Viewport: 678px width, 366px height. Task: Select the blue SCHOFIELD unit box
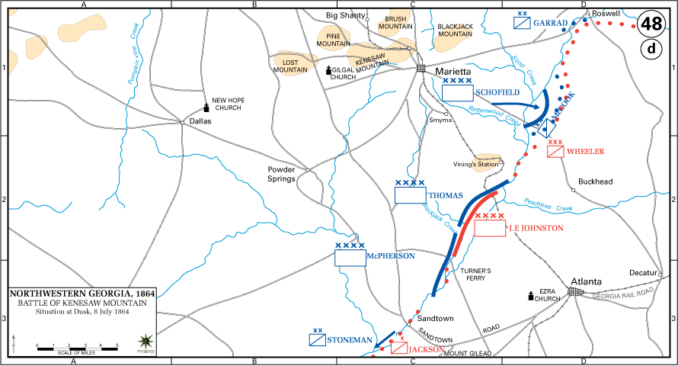pyautogui.click(x=457, y=93)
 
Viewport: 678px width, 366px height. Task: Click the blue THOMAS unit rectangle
pyautogui.click(x=410, y=195)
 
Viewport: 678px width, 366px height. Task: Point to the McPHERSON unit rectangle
pyautogui.click(x=350, y=257)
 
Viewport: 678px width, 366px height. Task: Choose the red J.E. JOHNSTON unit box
pyautogui.click(x=490, y=228)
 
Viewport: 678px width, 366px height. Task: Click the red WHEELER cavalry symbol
pyautogui.click(x=555, y=151)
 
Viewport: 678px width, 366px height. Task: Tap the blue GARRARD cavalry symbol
pyautogui.click(x=522, y=23)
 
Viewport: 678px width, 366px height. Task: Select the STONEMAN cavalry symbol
pyautogui.click(x=318, y=341)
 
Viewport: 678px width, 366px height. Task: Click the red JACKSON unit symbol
pyautogui.click(x=399, y=348)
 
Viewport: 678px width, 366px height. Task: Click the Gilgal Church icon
pyautogui.click(x=329, y=72)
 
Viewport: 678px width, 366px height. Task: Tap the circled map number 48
pyautogui.click(x=651, y=24)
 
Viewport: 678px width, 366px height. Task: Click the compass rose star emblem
pyautogui.click(x=145, y=342)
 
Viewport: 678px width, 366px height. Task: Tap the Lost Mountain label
pyautogui.click(x=289, y=66)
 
